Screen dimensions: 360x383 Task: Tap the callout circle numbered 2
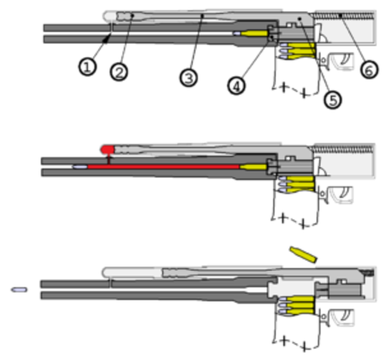tap(118, 72)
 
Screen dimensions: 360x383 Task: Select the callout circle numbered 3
tap(187, 76)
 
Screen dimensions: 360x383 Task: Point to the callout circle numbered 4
tap(236, 85)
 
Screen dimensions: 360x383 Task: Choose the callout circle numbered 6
tap(367, 68)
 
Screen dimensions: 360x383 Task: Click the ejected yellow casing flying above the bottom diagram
tap(304, 253)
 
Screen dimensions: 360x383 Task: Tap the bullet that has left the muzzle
tap(19, 288)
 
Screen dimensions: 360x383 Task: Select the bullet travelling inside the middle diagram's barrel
tap(79, 167)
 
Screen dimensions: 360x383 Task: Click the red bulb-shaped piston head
tap(109, 148)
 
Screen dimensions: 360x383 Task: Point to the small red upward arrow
tap(109, 158)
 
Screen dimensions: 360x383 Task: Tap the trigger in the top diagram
tap(345, 60)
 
